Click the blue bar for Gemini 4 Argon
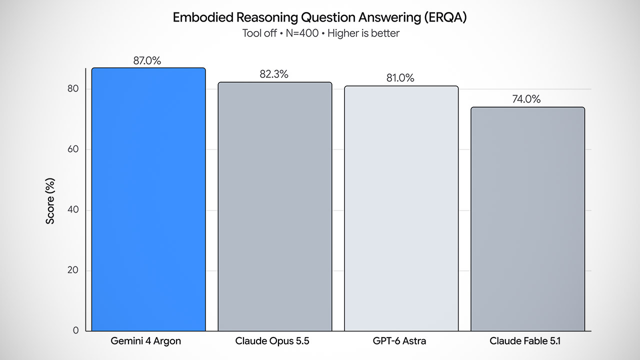[x=148, y=199]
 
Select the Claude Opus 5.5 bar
[x=275, y=206]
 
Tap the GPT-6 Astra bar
[x=401, y=208]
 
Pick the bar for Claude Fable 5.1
[x=527, y=219]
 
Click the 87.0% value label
[x=147, y=60]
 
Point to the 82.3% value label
[x=274, y=74]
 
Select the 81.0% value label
[x=400, y=77]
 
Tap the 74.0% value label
[x=526, y=99]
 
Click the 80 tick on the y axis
[x=73, y=88]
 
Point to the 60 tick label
[x=73, y=149]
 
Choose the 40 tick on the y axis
[x=73, y=209]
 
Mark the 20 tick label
[x=73, y=270]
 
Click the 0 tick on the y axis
[x=75, y=330]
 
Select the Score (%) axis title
[x=50, y=201]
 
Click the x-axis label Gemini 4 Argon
[x=145, y=341]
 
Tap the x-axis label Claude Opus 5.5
[x=272, y=341]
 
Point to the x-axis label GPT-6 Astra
[x=399, y=341]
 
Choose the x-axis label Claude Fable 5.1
[x=525, y=341]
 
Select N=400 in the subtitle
[x=302, y=33]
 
